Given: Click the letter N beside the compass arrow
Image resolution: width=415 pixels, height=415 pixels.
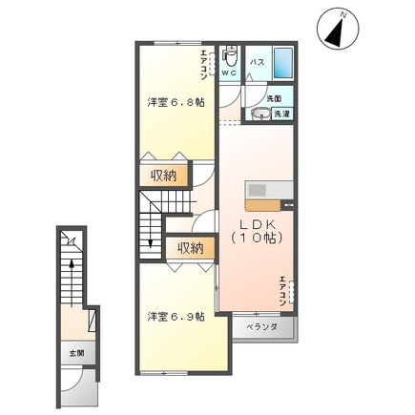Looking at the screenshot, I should [x=342, y=12].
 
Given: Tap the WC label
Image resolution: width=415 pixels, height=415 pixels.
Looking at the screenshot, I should [x=230, y=72].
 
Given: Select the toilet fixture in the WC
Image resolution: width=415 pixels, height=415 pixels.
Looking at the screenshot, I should [x=229, y=55].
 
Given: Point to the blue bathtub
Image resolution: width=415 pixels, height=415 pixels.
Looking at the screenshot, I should [x=283, y=63].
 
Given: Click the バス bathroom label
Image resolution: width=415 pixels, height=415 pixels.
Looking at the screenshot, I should [x=257, y=62].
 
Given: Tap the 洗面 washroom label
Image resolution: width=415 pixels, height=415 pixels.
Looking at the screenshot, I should [x=272, y=98].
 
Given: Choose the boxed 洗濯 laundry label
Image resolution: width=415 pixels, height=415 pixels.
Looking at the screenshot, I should [x=281, y=114].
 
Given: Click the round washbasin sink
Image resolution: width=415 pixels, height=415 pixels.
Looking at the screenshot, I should [x=259, y=114].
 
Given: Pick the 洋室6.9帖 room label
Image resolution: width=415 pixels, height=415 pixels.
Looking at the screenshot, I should [x=176, y=317].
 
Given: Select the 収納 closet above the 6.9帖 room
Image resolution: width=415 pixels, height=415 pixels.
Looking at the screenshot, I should [x=189, y=248].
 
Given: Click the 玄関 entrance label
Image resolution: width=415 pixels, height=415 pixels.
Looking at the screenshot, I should [x=75, y=353].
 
